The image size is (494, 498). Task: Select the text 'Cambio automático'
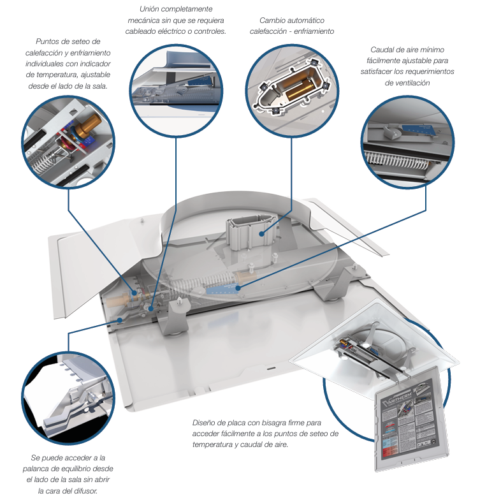click(291, 20)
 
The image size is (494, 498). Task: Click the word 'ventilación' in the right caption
click(412, 82)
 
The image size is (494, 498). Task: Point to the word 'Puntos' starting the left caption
click(50, 41)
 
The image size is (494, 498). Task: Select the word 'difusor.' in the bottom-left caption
click(98, 490)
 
